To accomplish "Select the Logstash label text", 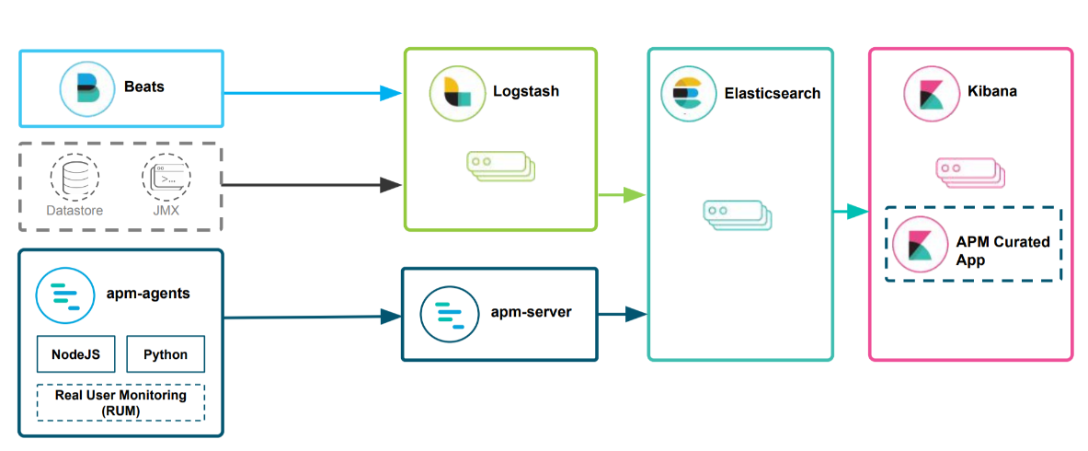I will click(x=525, y=92).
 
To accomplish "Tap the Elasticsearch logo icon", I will click(x=687, y=93).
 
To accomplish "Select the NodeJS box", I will click(x=75, y=354).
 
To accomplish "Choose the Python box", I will click(x=166, y=354).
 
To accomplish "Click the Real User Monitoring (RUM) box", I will click(x=120, y=402).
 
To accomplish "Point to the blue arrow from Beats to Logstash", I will click(x=313, y=92).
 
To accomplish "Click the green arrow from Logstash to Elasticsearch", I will click(x=622, y=194).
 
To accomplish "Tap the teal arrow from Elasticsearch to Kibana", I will click(x=851, y=213).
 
